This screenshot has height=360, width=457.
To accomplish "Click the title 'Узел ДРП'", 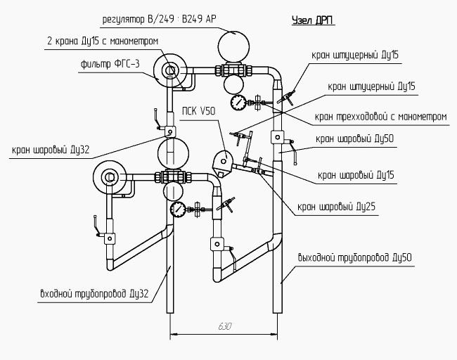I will (313, 21).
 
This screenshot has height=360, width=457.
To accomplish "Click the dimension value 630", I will (224, 326).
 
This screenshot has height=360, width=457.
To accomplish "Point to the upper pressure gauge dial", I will (240, 103).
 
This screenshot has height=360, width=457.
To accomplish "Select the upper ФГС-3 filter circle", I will (170, 70).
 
